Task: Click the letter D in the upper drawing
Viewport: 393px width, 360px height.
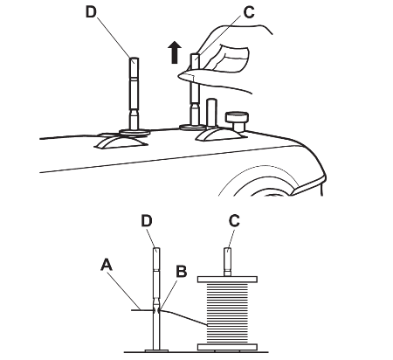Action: coord(91,11)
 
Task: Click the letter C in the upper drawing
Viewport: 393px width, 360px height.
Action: coord(249,12)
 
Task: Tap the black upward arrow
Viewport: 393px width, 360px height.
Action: coord(175,52)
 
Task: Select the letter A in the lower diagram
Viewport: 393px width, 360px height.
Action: coord(107,265)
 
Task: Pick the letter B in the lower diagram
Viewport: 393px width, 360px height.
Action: coord(182,271)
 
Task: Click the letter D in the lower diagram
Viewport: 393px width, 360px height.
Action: coord(147,221)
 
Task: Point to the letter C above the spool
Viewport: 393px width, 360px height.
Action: coord(234,221)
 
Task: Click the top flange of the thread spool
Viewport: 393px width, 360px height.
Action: coord(227,280)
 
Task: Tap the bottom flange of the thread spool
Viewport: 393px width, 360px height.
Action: coord(227,347)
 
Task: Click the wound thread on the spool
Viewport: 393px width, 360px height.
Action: coord(227,313)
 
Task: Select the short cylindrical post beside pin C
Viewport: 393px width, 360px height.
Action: coord(211,113)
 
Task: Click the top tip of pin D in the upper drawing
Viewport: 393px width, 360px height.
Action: coord(134,59)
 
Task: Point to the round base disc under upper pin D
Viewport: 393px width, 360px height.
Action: coord(134,132)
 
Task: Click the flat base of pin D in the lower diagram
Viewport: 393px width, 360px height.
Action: coord(156,351)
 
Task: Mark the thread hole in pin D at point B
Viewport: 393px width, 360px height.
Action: coord(156,310)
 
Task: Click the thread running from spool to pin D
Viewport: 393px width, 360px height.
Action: coord(183,316)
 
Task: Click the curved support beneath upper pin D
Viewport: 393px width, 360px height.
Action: coord(121,142)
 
